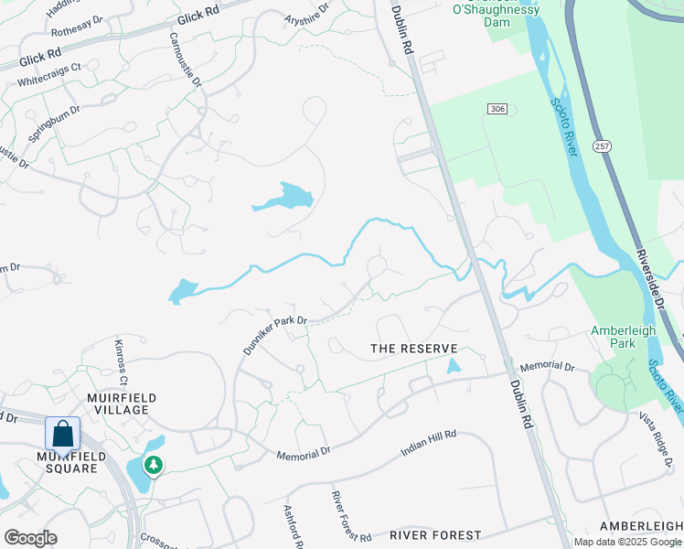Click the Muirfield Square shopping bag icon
pos(62,433)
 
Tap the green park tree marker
pos(155,466)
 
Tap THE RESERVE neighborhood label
pos(413,349)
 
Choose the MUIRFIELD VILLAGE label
pos(122,404)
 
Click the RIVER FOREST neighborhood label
pos(435,534)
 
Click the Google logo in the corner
pos(30,538)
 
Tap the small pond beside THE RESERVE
pos(454,366)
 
